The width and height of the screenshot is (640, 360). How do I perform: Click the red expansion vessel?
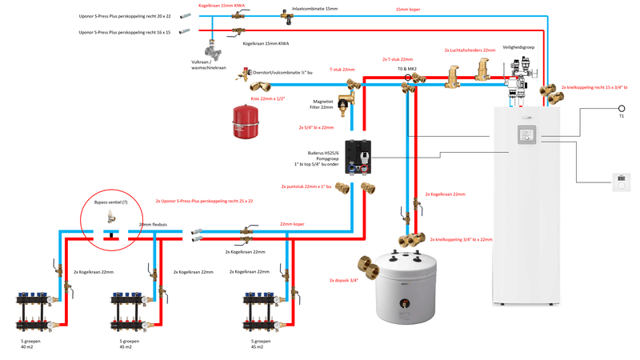(247, 118)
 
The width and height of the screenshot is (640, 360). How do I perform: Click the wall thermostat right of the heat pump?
(621, 181)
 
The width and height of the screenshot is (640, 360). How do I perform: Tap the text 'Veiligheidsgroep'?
(518, 47)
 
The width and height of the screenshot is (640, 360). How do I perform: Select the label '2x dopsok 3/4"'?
(342, 280)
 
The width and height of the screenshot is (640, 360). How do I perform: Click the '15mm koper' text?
(408, 9)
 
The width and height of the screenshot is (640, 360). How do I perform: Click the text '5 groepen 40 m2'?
(33, 345)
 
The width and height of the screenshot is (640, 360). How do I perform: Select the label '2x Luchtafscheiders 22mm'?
(470, 50)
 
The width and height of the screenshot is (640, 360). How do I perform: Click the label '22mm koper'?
(292, 224)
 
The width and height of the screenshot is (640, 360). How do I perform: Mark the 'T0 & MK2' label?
(407, 70)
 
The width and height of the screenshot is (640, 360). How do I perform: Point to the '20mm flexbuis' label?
(153, 226)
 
